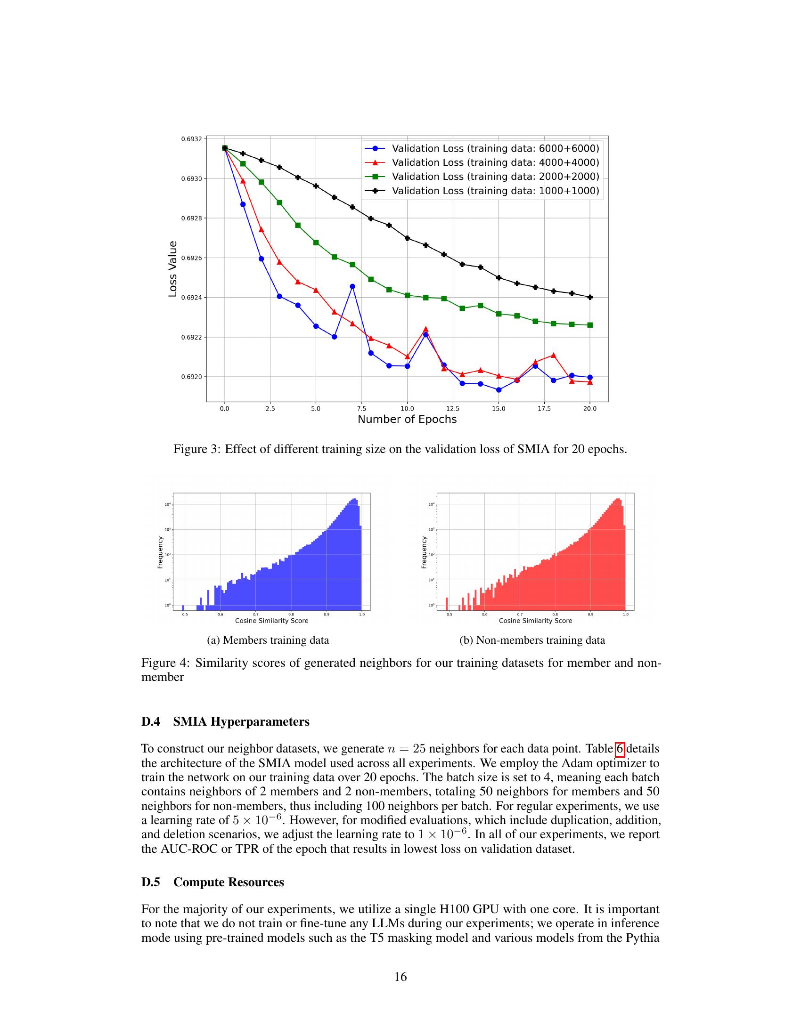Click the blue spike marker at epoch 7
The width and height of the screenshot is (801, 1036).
click(x=352, y=286)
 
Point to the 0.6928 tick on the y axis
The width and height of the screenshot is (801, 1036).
click(x=191, y=218)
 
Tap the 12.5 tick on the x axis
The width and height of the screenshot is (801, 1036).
click(x=453, y=408)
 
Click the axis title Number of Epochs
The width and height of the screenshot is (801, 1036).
click(x=407, y=419)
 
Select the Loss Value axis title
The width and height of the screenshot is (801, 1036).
click(x=173, y=269)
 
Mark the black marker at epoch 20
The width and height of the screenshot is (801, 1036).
click(x=590, y=298)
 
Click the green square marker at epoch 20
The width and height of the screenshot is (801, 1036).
click(x=590, y=325)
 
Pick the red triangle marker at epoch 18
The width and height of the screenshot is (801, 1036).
click(x=553, y=355)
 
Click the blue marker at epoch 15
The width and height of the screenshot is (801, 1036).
click(x=499, y=390)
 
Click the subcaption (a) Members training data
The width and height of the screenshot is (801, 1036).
click(x=268, y=640)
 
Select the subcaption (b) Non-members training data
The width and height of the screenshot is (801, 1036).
click(x=532, y=640)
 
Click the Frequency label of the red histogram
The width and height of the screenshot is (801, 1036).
click(x=424, y=552)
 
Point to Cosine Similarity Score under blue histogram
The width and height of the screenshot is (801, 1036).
click(x=271, y=621)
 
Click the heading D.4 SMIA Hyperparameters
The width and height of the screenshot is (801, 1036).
click(x=225, y=721)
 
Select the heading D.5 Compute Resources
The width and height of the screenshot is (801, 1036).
click(x=213, y=882)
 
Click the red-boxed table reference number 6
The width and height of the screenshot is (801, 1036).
click(x=620, y=749)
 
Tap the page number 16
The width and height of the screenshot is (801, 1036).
click(x=400, y=977)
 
